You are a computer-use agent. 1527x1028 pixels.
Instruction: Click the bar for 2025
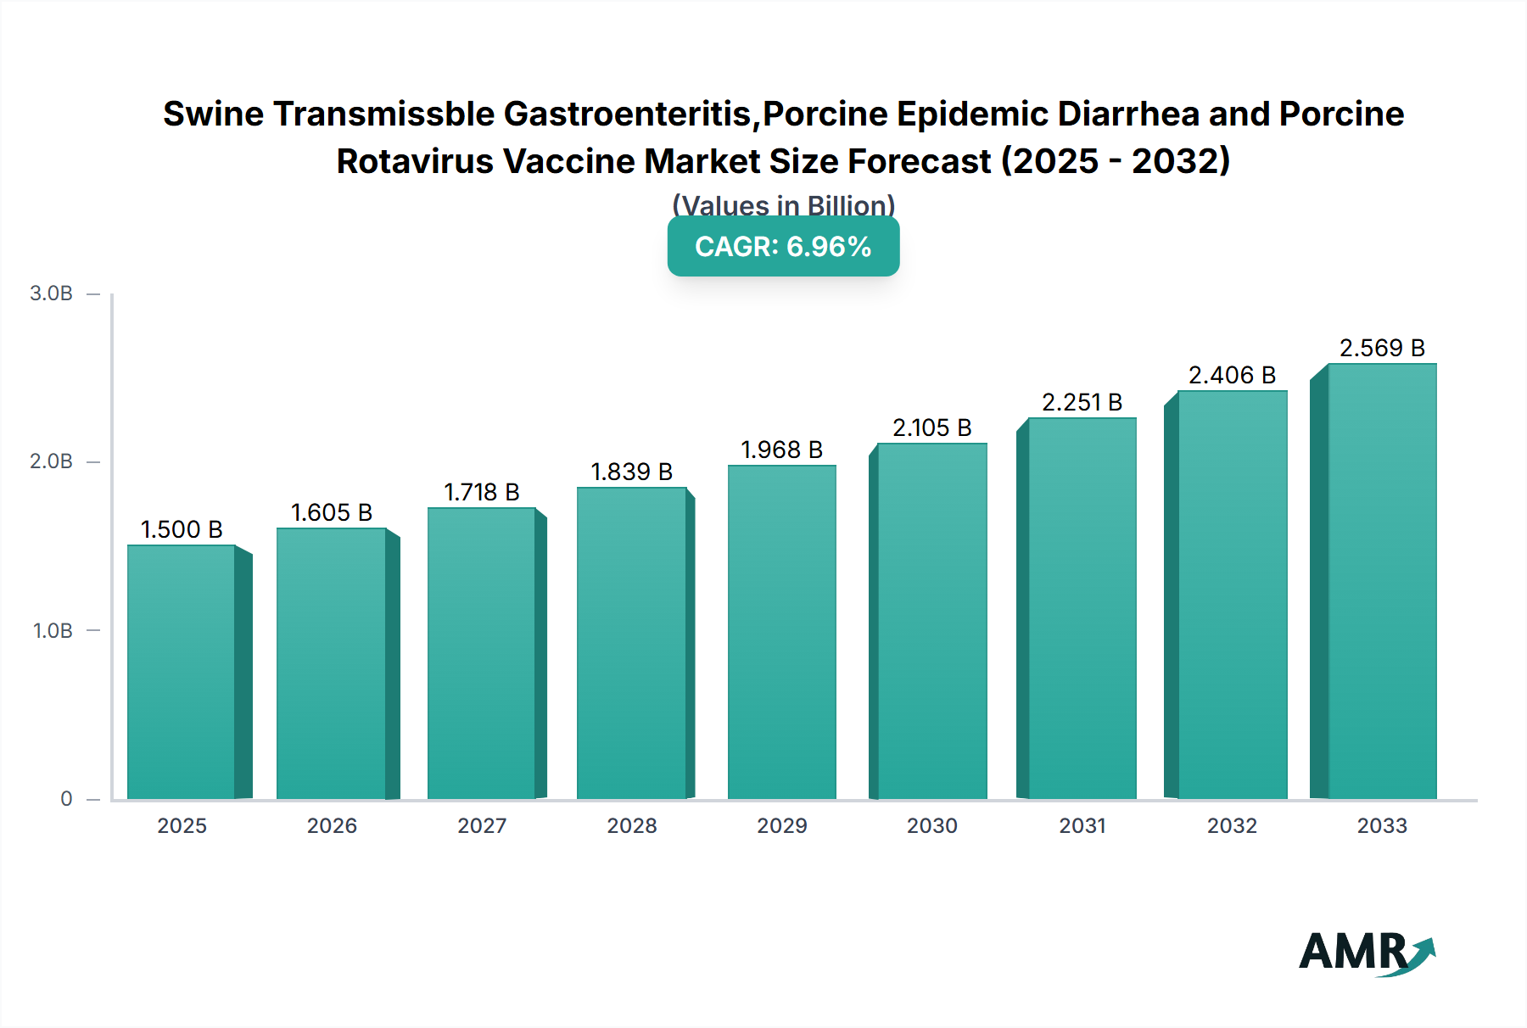[181, 672]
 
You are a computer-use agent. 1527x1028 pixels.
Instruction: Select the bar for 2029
[781, 632]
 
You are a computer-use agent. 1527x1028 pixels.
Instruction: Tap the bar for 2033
[1382, 581]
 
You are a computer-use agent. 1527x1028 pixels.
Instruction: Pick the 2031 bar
[1082, 608]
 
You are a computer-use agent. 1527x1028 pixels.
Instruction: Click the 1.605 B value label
[332, 512]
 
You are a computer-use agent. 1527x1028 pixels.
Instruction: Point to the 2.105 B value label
[931, 427]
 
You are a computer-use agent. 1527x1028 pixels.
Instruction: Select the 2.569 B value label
[1382, 348]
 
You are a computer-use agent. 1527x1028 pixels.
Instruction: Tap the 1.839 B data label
[631, 472]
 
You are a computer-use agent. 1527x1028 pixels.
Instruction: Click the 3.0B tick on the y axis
[52, 293]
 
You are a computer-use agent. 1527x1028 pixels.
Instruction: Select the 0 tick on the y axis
[66, 798]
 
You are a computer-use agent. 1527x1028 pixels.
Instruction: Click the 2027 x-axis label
[482, 825]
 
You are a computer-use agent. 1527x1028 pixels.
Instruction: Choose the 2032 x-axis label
[1232, 825]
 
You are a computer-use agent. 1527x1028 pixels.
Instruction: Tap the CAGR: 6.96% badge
[783, 247]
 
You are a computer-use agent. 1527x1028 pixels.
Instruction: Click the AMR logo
[1366, 953]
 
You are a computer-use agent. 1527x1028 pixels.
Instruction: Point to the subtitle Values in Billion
[783, 204]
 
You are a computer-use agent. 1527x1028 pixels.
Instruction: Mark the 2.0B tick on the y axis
[52, 461]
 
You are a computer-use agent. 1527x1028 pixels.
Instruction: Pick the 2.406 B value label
[1232, 375]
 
